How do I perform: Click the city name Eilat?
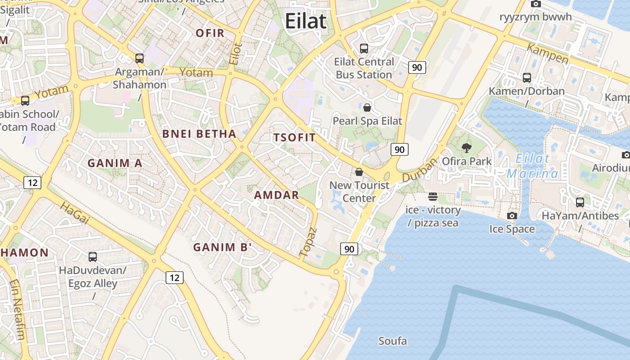pos(306,21)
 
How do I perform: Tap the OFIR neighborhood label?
pos(210,33)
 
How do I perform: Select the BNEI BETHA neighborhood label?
pos(199,134)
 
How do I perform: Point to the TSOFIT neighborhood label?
pos(294,138)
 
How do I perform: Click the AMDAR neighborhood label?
pos(276,195)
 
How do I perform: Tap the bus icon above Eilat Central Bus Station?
pos(364,48)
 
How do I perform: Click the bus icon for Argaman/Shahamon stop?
pos(139,58)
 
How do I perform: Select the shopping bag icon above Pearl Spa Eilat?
pos(367,108)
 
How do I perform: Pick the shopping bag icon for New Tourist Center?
pos(359,172)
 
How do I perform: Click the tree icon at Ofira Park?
pos(467,148)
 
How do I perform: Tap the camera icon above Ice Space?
pos(512,216)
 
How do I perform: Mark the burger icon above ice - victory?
pos(433,196)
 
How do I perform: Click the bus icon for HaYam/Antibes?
pos(580,202)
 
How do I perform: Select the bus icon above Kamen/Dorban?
pos(527,78)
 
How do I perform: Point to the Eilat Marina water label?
pos(532,166)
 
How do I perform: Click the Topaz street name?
pos(308,242)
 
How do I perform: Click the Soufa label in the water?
pos(392,341)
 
